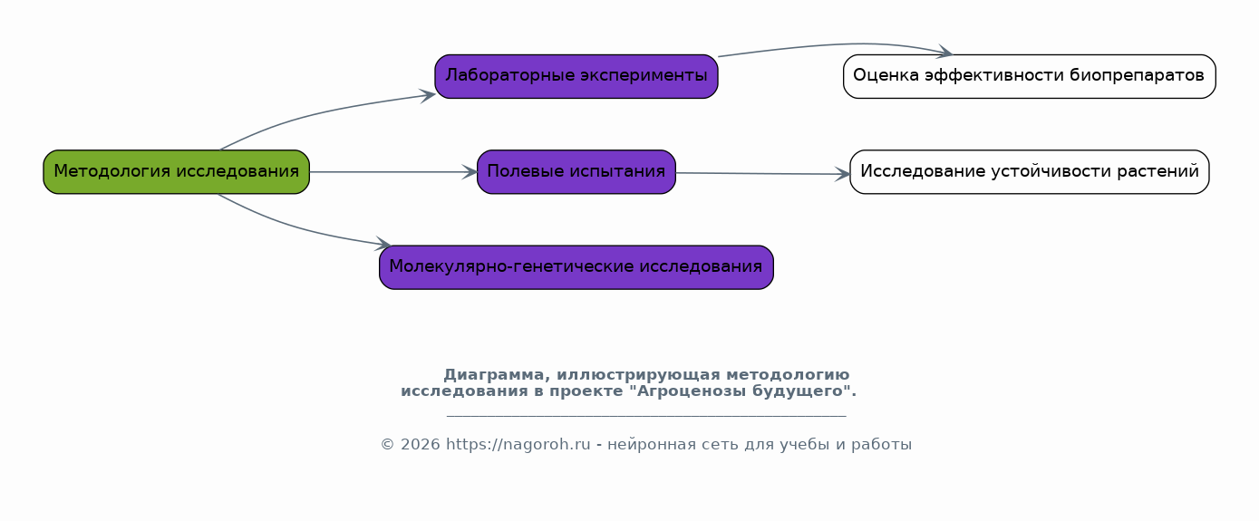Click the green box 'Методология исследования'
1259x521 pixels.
pyautogui.click(x=177, y=172)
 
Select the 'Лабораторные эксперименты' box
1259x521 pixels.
pyautogui.click(x=576, y=76)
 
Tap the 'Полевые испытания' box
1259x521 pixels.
pyautogui.click(x=576, y=172)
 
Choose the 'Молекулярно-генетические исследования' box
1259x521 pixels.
pyautogui.click(x=576, y=267)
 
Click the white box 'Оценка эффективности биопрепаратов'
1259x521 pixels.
pyautogui.click(x=1029, y=76)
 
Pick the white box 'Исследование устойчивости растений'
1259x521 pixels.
pyautogui.click(x=1029, y=172)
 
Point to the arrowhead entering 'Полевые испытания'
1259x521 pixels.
pyautogui.click(x=470, y=172)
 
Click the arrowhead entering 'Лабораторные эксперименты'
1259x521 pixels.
pyautogui.click(x=428, y=95)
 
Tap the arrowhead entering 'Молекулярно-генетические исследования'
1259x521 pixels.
pyautogui.click(x=383, y=244)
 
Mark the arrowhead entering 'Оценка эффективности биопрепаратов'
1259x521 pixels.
pyautogui.click(x=944, y=52)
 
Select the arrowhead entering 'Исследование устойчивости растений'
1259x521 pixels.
pyautogui.click(x=842, y=174)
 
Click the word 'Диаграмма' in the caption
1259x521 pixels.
pyautogui.click(x=494, y=375)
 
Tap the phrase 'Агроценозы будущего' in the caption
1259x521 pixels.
pyautogui.click(x=741, y=391)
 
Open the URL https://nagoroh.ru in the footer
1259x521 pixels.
pyautogui.click(x=518, y=445)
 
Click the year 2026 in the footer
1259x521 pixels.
pyautogui.click(x=421, y=445)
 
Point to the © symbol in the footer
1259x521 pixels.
pyautogui.click(x=388, y=445)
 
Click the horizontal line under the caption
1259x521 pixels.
pyautogui.click(x=646, y=417)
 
